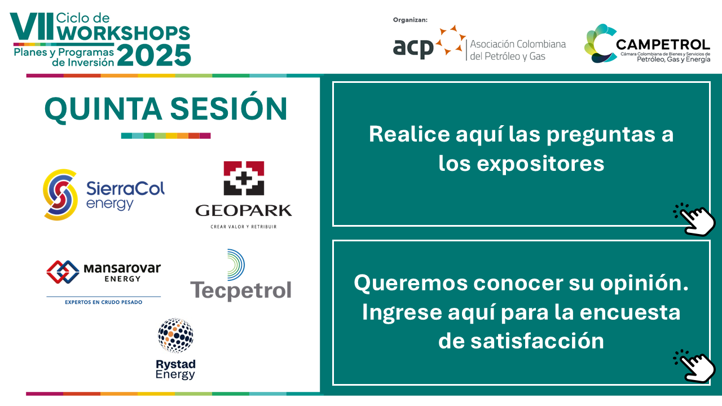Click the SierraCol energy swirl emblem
[60, 195]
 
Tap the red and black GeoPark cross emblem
[244, 178]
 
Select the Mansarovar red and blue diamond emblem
[63, 272]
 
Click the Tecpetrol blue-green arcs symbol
[236, 264]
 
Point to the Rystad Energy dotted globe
[175, 336]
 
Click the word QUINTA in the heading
[103, 109]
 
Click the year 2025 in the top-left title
[154, 55]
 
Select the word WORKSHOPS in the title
[124, 33]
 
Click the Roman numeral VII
[31, 27]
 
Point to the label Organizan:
[410, 20]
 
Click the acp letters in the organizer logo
[413, 48]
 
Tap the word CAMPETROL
[663, 45]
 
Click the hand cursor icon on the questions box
[694, 219]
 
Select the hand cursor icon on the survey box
[694, 366]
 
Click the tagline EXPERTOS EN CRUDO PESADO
[103, 302]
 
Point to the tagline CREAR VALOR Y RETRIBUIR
[244, 227]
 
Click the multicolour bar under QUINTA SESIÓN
[166, 136]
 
